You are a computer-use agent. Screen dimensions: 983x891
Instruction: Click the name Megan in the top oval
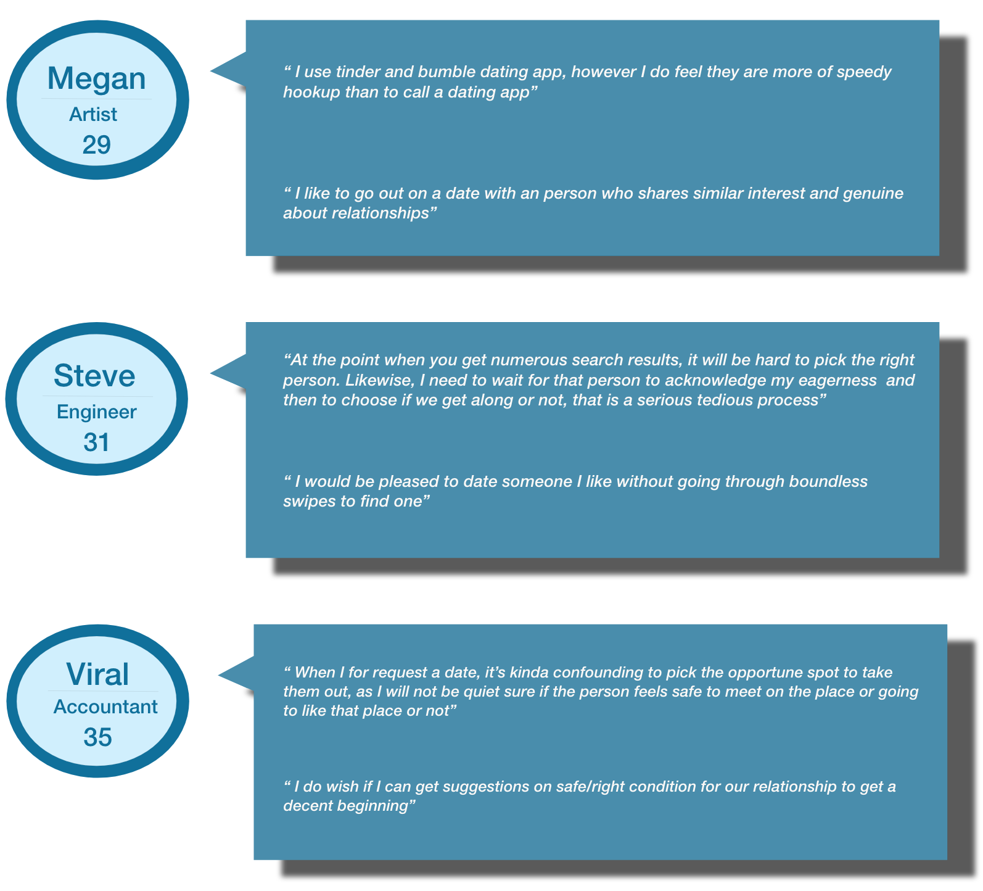(x=97, y=79)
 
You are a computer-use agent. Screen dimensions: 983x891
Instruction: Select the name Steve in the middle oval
(x=94, y=376)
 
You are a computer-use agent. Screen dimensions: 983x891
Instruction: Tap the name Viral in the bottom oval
(x=97, y=674)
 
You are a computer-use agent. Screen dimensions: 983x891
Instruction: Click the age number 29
(x=97, y=145)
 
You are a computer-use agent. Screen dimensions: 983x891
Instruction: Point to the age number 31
(x=96, y=442)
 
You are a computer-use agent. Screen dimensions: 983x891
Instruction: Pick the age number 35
(x=97, y=737)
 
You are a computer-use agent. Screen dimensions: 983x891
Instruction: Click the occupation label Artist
(x=93, y=114)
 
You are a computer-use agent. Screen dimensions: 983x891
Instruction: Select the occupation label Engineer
(x=96, y=412)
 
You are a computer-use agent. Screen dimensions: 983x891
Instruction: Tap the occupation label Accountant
(x=105, y=707)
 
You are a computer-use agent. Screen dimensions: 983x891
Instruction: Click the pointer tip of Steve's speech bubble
(x=212, y=373)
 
